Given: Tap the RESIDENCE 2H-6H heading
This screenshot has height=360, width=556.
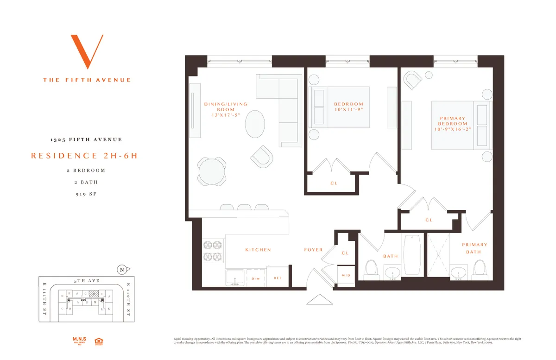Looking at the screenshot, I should click(84, 156).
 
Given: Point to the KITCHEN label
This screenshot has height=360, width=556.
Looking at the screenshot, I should click(258, 250).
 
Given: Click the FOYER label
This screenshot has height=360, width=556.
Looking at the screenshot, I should click(313, 250).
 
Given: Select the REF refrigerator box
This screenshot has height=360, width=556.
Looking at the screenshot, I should click(278, 278).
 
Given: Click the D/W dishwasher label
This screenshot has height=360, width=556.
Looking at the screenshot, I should click(256, 278).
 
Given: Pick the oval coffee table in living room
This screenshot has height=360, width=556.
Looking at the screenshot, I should click(255, 124).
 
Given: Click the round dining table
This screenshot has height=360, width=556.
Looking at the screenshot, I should click(212, 171).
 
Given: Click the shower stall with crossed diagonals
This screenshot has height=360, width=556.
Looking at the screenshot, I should click(438, 256).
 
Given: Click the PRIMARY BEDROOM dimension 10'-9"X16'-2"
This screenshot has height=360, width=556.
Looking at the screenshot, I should click(452, 130).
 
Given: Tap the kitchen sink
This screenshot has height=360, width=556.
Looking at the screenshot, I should click(235, 277).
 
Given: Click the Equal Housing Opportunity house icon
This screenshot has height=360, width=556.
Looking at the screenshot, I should click(98, 341).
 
